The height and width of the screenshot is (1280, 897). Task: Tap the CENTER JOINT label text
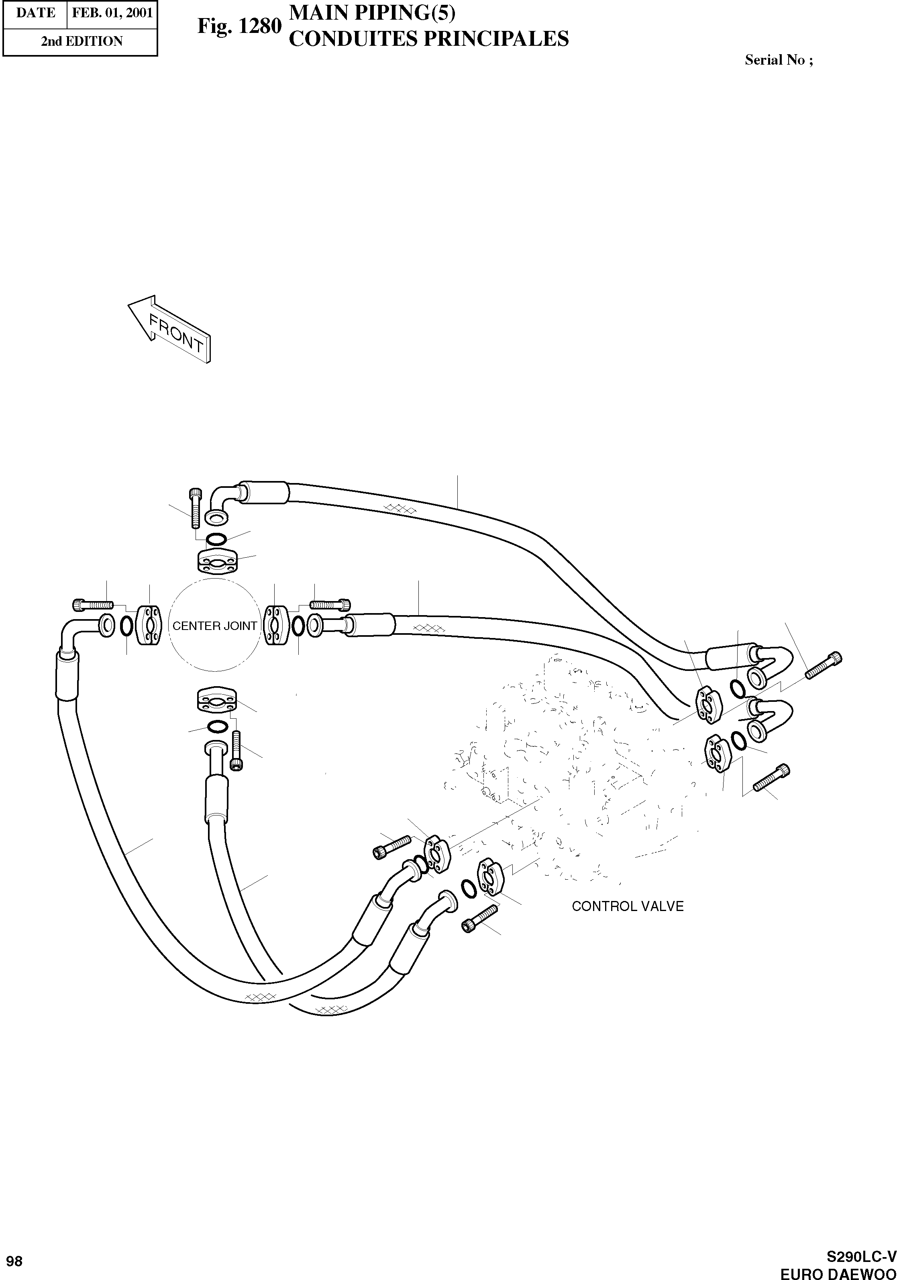(x=215, y=626)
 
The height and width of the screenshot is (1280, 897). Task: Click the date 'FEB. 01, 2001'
(x=112, y=13)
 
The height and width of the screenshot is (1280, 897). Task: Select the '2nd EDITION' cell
(x=82, y=41)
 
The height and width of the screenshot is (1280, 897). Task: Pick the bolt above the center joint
(x=195, y=508)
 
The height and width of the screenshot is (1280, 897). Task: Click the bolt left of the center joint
(x=92, y=604)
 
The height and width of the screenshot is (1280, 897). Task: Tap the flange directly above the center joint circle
(x=217, y=560)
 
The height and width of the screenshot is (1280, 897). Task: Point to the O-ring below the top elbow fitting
(x=216, y=539)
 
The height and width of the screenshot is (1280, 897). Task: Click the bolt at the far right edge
(x=824, y=664)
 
